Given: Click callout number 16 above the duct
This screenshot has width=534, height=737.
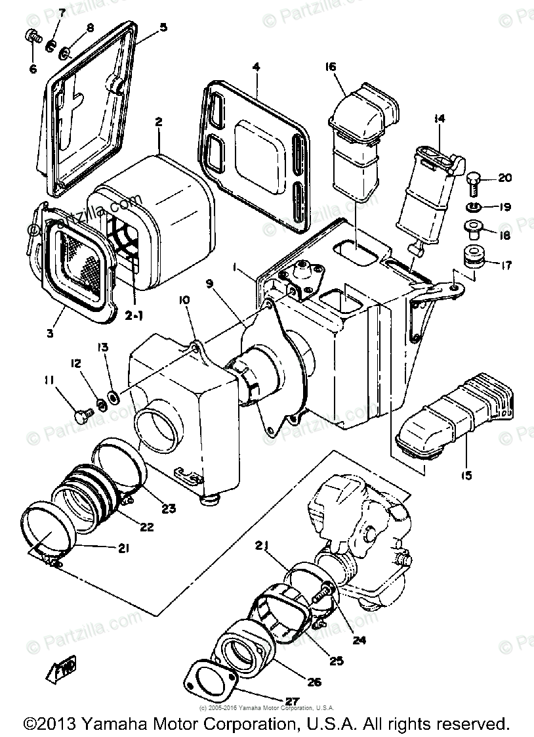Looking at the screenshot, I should click(330, 67).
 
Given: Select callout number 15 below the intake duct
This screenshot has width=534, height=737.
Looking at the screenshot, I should click(466, 474).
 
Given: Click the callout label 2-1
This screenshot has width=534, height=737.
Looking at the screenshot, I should click(134, 315).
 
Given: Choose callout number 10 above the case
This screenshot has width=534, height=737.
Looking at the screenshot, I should click(184, 300).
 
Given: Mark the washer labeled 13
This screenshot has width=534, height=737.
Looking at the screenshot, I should click(113, 396).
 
